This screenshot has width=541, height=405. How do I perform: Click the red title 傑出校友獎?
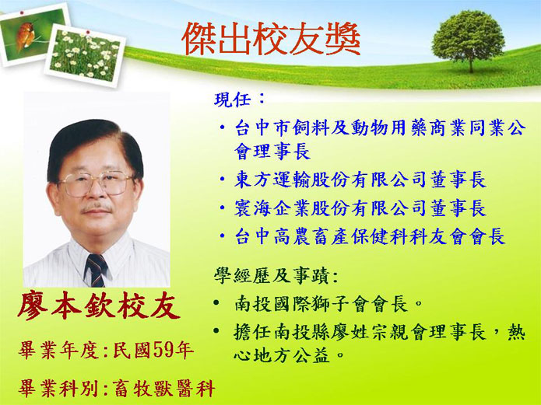271,39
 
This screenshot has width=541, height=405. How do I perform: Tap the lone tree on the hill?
468,40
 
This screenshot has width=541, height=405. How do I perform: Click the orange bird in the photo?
25,35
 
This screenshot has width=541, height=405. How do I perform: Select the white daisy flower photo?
85,55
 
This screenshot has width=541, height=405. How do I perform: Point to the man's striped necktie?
97,270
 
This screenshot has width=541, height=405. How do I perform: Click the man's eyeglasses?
96,183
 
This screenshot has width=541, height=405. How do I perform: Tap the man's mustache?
97,208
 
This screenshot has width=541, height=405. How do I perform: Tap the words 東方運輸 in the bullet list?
272,180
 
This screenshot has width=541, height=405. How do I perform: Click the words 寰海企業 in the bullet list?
272,208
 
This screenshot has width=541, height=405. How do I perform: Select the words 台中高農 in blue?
273,237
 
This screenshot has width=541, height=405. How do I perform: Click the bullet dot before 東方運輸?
223,180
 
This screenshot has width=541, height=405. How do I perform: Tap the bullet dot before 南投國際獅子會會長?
216,303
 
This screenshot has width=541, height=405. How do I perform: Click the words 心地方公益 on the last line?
282,355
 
